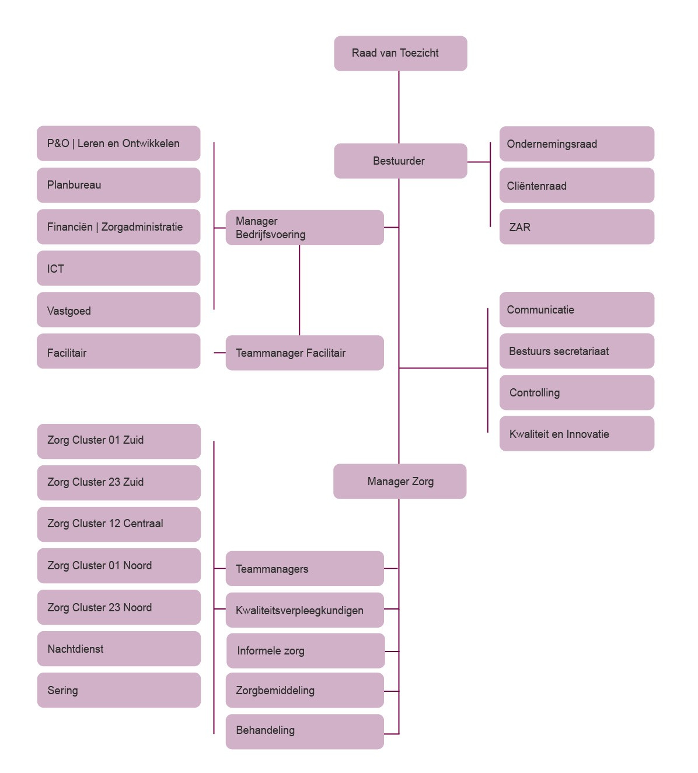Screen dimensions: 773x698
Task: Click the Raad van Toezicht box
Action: click(x=400, y=53)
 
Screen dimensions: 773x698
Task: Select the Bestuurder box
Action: click(x=400, y=161)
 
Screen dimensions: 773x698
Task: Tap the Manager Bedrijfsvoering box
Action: click(x=305, y=228)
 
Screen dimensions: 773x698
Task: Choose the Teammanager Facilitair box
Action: click(x=305, y=353)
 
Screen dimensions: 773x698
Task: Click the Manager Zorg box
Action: click(x=400, y=481)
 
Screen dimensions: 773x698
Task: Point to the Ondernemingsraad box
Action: click(x=577, y=144)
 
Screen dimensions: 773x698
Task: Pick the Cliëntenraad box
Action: click(x=577, y=186)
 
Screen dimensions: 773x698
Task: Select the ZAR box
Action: click(x=577, y=227)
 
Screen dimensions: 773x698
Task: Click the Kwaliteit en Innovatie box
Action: click(x=577, y=434)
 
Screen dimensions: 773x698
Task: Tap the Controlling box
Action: click(x=577, y=392)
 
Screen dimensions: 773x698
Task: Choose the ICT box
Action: click(x=118, y=269)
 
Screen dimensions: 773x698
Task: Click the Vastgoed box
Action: click(x=118, y=310)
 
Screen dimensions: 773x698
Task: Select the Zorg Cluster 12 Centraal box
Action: click(x=119, y=524)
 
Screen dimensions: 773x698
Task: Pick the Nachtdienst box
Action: click(x=119, y=649)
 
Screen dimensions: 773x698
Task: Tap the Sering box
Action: click(x=119, y=690)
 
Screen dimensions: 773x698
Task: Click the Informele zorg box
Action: click(x=305, y=650)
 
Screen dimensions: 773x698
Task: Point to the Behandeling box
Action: click(x=305, y=731)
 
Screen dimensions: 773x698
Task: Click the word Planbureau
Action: click(x=74, y=185)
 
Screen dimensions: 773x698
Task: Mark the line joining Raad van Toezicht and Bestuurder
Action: click(x=399, y=107)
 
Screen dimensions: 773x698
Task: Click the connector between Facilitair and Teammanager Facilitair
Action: click(x=219, y=353)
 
